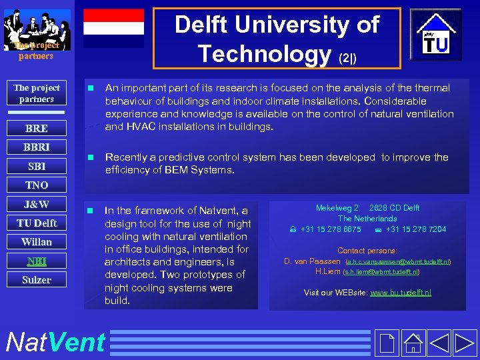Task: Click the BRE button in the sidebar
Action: (36, 128)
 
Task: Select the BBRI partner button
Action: (36, 147)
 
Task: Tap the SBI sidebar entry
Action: (36, 166)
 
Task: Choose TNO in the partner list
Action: (36, 185)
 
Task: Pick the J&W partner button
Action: (36, 204)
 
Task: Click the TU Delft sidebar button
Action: (36, 223)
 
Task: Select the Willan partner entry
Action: (36, 241)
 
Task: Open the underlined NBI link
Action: (36, 261)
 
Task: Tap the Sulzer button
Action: (36, 280)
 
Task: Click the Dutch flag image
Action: (113, 28)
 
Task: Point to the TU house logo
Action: (435, 37)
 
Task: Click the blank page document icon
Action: (387, 343)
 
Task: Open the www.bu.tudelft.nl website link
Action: (401, 293)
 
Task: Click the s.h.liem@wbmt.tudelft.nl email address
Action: (381, 272)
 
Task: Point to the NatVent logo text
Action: (55, 342)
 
